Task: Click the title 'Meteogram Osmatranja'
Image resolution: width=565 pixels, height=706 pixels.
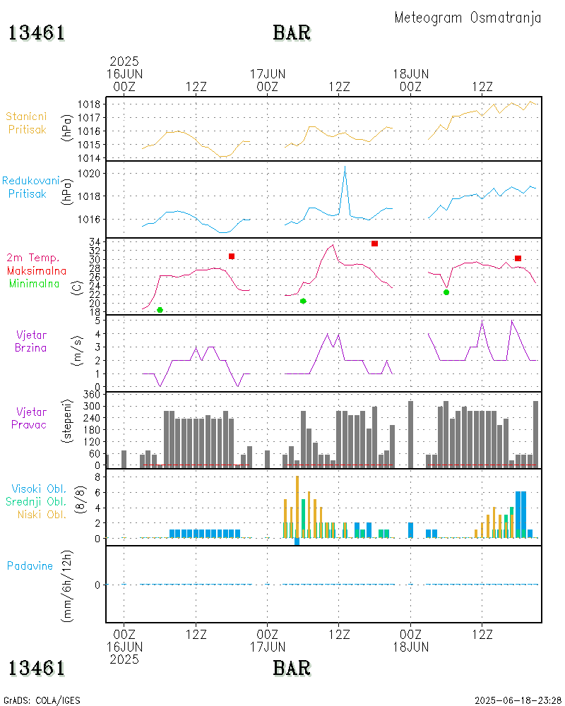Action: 468,18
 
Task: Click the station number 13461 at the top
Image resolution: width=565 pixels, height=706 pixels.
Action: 37,33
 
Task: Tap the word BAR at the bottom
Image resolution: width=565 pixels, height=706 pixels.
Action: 292,667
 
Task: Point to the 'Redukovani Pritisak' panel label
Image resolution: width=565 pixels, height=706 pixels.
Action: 30,187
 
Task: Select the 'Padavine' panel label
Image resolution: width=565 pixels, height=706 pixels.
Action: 30,566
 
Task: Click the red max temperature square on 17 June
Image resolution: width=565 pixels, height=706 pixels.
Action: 374,244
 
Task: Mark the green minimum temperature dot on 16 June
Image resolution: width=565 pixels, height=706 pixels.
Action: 160,310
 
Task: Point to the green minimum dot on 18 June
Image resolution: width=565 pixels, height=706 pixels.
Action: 446,292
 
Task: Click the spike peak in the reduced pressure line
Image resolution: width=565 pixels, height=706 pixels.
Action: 345,167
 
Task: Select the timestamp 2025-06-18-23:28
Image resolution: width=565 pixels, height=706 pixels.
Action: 518,700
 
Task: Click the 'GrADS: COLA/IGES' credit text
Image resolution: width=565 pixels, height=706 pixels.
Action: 42,700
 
